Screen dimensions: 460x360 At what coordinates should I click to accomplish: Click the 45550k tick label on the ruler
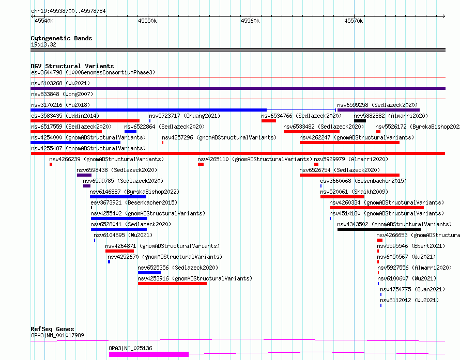tap(147, 21)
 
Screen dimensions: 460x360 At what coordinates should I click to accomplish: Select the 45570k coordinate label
tap(354, 21)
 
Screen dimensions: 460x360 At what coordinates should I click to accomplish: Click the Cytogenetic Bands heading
tap(62, 38)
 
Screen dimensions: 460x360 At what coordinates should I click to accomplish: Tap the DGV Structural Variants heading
tap(72, 66)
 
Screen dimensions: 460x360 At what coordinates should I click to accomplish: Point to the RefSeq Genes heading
tap(52, 329)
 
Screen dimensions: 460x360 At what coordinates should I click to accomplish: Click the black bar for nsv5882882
tap(360, 121)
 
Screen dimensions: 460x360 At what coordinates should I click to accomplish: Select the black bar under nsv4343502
tap(379, 229)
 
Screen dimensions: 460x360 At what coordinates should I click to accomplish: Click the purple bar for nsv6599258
tap(378, 110)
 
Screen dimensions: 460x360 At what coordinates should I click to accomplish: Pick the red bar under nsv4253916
tap(172, 284)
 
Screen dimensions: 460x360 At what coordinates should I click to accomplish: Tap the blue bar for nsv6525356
tap(149, 273)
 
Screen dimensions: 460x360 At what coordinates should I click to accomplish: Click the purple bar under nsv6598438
tap(84, 175)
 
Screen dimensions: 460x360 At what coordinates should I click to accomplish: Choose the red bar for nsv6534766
tap(268, 121)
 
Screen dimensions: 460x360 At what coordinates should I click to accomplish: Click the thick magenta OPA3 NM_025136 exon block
tap(149, 354)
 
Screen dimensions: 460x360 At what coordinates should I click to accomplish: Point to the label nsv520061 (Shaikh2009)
tap(354, 192)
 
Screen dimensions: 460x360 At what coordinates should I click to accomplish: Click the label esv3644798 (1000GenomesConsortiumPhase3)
tap(93, 72)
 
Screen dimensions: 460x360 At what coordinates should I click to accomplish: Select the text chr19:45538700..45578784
tap(68, 11)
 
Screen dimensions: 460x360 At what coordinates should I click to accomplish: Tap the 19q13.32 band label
tap(43, 44)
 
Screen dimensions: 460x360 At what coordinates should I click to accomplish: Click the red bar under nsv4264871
tap(119, 251)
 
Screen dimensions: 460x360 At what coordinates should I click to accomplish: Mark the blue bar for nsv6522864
tap(130, 132)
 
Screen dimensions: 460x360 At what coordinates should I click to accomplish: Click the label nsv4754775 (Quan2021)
tap(412, 289)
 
